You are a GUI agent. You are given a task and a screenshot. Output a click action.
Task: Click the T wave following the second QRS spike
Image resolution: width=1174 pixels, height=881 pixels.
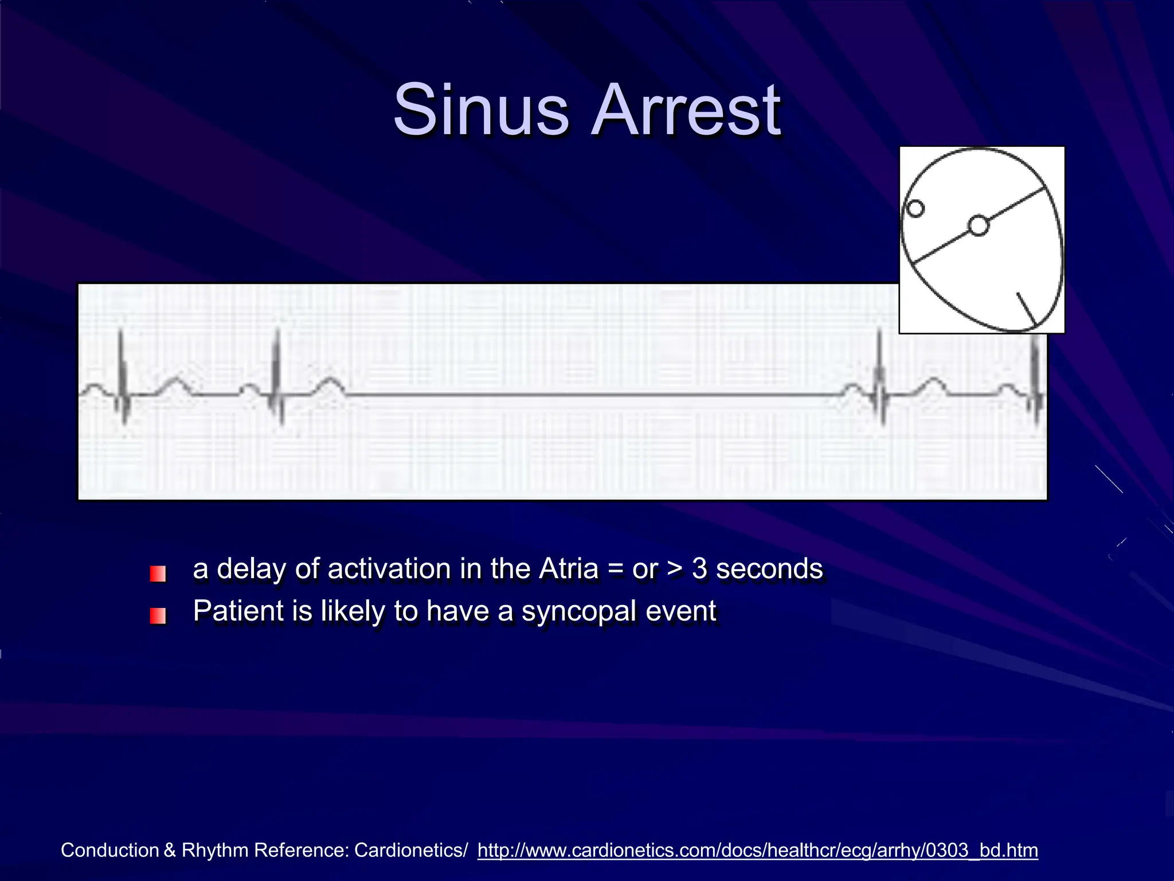(329, 384)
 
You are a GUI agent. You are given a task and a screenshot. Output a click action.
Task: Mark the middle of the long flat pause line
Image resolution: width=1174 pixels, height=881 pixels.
(590, 395)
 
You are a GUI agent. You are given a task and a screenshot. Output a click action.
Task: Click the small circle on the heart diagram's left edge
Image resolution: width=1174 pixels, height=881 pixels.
(915, 208)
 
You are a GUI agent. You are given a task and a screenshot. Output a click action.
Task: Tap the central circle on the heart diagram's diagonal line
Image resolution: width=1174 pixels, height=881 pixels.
(979, 225)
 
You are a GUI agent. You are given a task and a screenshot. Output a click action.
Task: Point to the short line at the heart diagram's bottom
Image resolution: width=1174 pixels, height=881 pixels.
(1026, 309)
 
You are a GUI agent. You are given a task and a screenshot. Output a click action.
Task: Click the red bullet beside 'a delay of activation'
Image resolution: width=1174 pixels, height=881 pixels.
(158, 574)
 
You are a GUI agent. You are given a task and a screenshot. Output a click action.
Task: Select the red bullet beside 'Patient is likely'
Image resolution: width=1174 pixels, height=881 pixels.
(158, 615)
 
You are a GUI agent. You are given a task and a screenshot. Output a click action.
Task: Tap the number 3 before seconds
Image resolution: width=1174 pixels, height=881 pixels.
(699, 569)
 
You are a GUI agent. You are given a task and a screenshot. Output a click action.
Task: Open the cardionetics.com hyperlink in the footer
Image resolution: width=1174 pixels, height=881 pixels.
(757, 850)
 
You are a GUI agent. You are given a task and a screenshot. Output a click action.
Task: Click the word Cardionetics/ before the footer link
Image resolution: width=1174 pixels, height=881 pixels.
(410, 850)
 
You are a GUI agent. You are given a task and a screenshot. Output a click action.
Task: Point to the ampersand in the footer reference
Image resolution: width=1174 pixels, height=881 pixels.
(170, 850)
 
